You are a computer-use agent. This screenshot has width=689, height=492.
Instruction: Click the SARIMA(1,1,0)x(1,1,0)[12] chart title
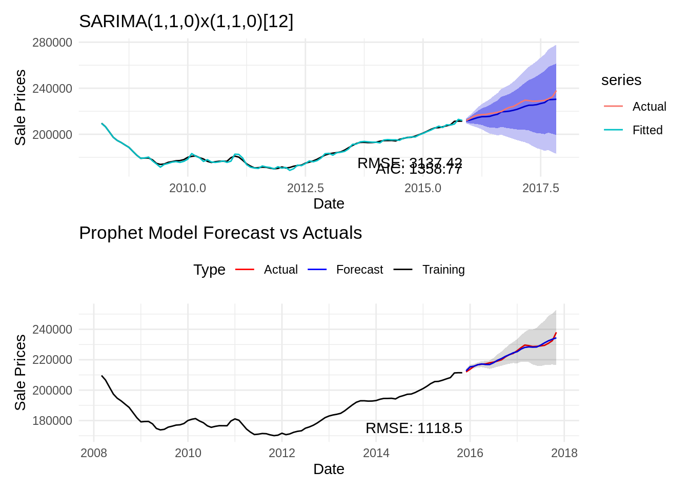pyautogui.click(x=186, y=22)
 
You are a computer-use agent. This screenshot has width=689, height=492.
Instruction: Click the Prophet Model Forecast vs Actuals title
pyautogui.click(x=220, y=233)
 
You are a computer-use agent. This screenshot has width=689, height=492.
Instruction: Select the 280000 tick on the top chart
pyautogui.click(x=52, y=43)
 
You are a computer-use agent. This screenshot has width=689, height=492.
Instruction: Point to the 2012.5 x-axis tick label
pyautogui.click(x=306, y=188)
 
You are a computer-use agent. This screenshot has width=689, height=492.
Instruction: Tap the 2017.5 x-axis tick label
pyautogui.click(x=540, y=188)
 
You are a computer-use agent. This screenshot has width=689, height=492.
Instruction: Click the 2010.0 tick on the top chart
pyautogui.click(x=188, y=188)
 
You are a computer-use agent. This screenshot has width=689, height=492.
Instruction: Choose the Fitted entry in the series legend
pyautogui.click(x=647, y=130)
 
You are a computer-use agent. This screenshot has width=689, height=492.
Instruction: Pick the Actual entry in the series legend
pyautogui.click(x=649, y=107)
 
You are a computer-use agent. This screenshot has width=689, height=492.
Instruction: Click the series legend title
pyautogui.click(x=621, y=80)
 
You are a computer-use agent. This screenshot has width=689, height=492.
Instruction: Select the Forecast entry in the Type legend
pyautogui.click(x=359, y=270)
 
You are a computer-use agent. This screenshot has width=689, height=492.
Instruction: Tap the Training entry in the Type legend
pyautogui.click(x=443, y=270)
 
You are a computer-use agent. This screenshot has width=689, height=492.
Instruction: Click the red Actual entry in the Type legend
pyautogui.click(x=280, y=270)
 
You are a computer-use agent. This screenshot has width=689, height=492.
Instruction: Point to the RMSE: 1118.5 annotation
pyautogui.click(x=414, y=428)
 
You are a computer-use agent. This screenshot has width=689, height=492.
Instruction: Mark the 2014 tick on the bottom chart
pyautogui.click(x=376, y=453)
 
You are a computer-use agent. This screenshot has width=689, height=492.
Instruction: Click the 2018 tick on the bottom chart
pyautogui.click(x=564, y=453)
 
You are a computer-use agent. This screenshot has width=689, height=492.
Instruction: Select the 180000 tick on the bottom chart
pyautogui.click(x=52, y=421)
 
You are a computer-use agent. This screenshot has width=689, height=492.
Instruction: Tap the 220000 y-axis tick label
pyautogui.click(x=52, y=360)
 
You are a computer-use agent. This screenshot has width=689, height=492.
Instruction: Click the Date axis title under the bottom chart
pyautogui.click(x=329, y=469)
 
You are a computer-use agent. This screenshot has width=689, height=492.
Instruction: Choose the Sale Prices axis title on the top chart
pyautogui.click(x=20, y=108)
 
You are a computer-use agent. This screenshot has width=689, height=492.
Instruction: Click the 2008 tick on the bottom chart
pyautogui.click(x=94, y=453)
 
